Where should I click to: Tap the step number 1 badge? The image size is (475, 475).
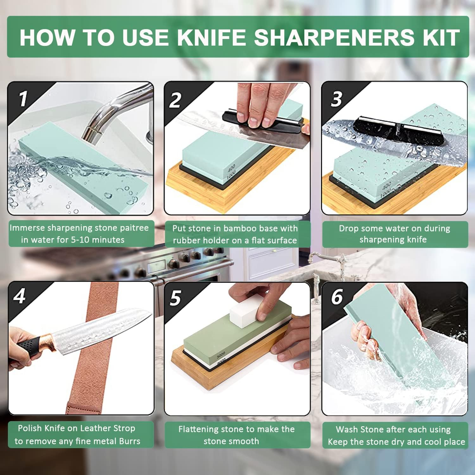[23, 99]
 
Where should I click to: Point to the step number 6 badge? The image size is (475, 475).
[337, 297]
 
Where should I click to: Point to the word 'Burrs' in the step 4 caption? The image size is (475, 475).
[130, 441]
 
